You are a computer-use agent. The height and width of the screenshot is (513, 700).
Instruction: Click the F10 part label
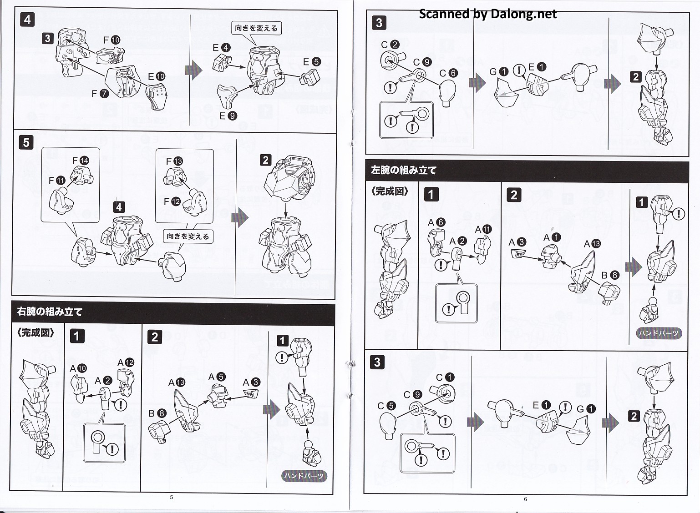(x=112, y=40)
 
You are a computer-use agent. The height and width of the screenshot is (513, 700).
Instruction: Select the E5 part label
(x=312, y=62)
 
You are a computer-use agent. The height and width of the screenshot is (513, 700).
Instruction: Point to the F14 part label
(x=81, y=161)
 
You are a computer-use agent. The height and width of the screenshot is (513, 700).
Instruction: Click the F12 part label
(x=172, y=201)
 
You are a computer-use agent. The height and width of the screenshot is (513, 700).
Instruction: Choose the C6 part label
(x=448, y=73)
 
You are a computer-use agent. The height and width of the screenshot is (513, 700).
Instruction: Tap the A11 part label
(x=483, y=229)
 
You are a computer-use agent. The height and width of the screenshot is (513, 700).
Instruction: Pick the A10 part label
(x=78, y=368)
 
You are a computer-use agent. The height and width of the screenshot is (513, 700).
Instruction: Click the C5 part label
(x=386, y=406)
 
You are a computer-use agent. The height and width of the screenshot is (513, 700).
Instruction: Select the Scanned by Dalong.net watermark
(x=487, y=14)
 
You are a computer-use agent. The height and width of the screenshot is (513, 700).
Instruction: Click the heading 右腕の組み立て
(x=50, y=312)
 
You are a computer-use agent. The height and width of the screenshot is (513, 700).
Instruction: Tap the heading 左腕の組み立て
(x=404, y=171)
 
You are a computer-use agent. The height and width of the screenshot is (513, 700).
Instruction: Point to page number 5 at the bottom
(x=172, y=497)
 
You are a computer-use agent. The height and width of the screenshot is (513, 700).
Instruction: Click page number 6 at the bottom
(x=525, y=499)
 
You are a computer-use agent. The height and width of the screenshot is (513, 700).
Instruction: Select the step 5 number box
(x=26, y=142)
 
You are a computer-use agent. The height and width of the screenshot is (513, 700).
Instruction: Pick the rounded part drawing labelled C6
(x=448, y=93)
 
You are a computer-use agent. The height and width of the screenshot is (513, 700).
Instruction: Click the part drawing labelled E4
(x=222, y=62)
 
